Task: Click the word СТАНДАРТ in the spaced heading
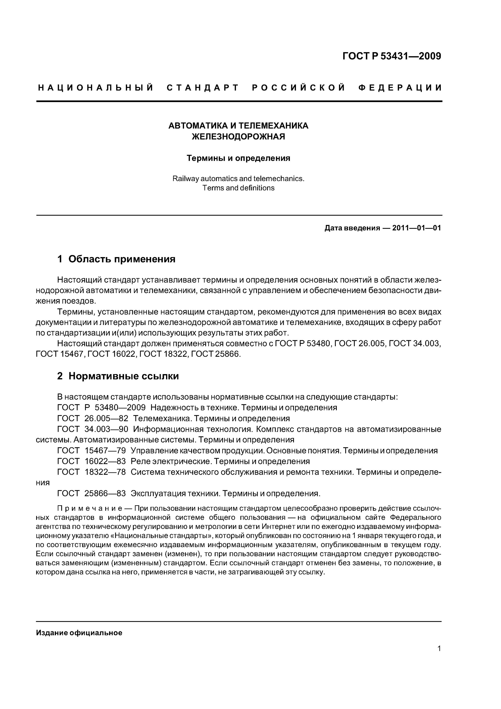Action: [x=203, y=88]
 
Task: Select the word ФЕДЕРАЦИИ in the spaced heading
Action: [x=400, y=88]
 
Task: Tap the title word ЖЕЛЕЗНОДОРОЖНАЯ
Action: [x=238, y=137]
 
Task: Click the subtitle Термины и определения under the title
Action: [x=238, y=158]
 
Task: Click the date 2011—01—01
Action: [x=416, y=228]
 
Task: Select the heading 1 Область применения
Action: [x=116, y=259]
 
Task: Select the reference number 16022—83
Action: [x=105, y=461]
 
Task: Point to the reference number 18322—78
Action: [x=105, y=472]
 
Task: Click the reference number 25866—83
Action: [x=105, y=493]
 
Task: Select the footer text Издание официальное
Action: [x=79, y=633]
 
